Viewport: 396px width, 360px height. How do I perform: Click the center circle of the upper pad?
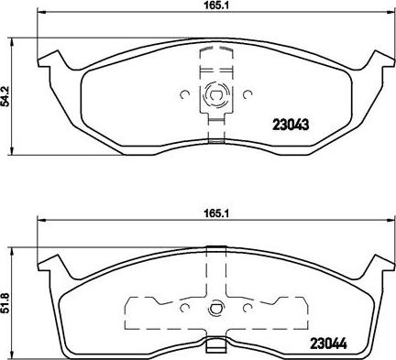point(214,93)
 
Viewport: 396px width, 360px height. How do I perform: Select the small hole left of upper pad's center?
point(186,93)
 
